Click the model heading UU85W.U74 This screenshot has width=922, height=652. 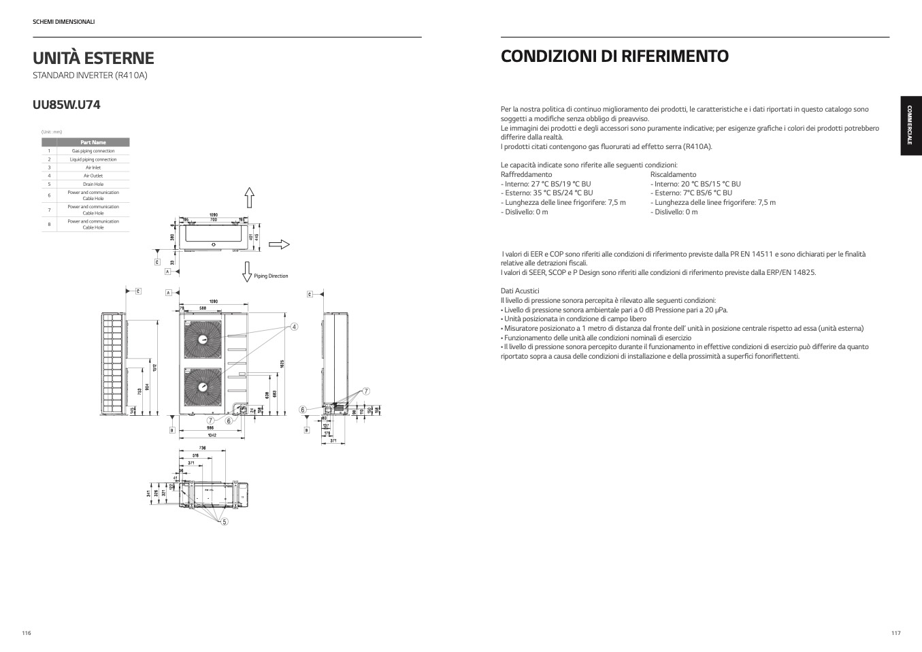[67, 105]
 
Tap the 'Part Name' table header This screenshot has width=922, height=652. [93, 142]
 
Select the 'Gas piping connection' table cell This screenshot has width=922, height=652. [93, 151]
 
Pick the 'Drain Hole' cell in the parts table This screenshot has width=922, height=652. [93, 184]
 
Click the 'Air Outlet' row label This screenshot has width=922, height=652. [93, 176]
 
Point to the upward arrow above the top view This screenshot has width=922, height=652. [250, 197]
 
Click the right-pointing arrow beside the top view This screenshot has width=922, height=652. [279, 245]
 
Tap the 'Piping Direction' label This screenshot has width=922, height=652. [271, 276]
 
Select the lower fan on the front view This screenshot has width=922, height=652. [203, 387]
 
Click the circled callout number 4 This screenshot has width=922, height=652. [294, 327]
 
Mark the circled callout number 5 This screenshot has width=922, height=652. [225, 522]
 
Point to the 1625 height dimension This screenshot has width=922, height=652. [282, 363]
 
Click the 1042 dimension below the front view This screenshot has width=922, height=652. [212, 436]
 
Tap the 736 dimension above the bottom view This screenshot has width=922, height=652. [202, 448]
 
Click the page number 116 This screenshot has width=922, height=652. [27, 633]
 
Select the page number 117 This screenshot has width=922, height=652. [895, 633]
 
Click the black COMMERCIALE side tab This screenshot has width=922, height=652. [911, 127]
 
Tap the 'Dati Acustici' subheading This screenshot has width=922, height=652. [520, 291]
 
